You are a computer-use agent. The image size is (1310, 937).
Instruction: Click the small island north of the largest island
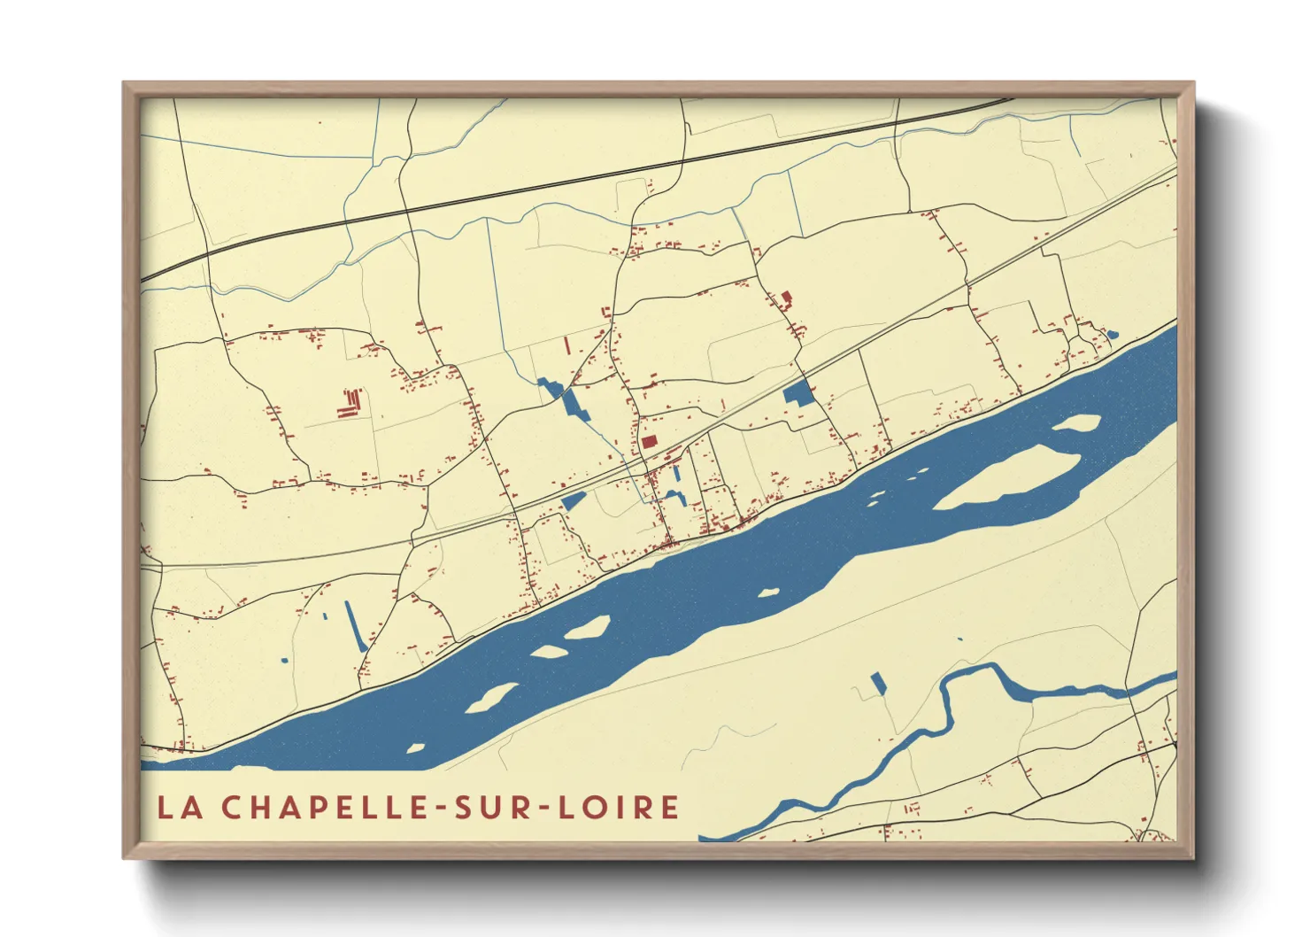coord(1077,422)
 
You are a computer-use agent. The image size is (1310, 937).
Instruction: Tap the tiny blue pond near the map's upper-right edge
coord(1113,335)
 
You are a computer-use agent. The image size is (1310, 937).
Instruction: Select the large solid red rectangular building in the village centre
coord(650,441)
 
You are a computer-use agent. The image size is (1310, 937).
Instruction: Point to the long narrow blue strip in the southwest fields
coord(355,625)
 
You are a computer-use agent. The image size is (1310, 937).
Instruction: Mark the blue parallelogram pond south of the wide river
coord(878,683)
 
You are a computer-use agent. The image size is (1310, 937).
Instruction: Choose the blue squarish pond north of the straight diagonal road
coord(799,393)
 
